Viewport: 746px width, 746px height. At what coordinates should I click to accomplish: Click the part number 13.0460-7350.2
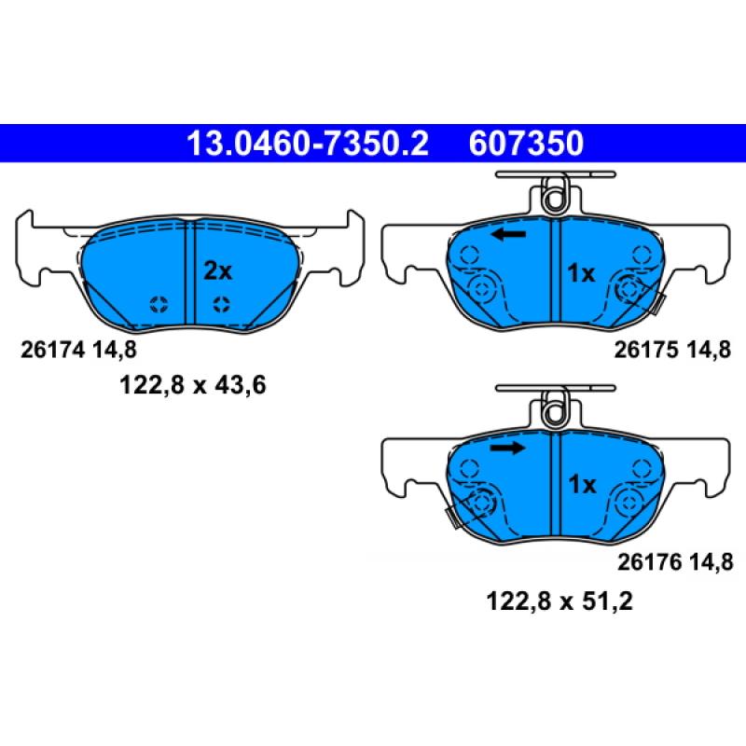click(x=308, y=144)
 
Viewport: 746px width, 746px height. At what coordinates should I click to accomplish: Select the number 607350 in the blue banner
click(x=526, y=144)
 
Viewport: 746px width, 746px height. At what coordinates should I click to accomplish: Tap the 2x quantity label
click(x=218, y=271)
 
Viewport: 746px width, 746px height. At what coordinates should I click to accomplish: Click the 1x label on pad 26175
click(x=581, y=273)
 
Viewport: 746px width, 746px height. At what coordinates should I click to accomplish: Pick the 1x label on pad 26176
click(x=582, y=484)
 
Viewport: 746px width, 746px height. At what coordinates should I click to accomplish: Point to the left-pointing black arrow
click(x=508, y=234)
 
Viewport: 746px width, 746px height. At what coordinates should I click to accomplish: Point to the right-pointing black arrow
click(x=508, y=448)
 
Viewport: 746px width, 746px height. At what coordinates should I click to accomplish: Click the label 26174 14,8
click(x=78, y=351)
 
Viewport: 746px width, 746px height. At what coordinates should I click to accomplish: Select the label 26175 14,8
click(x=672, y=351)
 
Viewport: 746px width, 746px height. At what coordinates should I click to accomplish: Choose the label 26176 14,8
click(x=675, y=562)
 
